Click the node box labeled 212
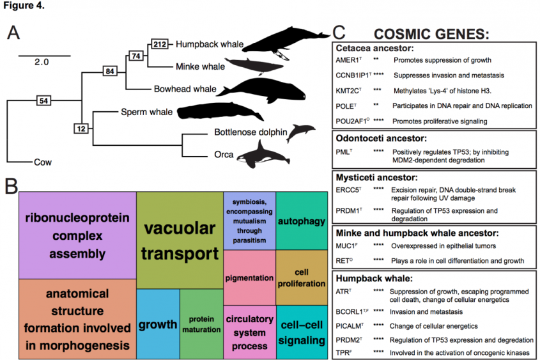pos(160,43)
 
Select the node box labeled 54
pos(43,101)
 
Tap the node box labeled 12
pos(81,129)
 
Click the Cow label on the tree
pos(42,162)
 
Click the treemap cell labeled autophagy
pos(302,221)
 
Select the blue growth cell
pos(158,324)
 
